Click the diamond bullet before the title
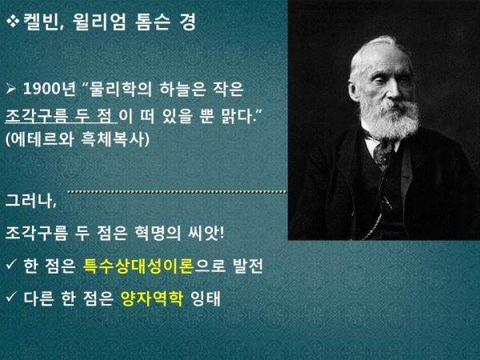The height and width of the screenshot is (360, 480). click(x=13, y=22)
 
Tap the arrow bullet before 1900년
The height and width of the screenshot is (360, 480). click(x=10, y=89)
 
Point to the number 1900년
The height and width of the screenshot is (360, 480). click(x=50, y=89)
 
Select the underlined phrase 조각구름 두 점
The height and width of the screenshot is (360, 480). click(x=61, y=116)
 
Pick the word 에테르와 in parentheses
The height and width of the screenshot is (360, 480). click(x=42, y=139)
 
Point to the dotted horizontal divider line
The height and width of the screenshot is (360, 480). click(x=178, y=192)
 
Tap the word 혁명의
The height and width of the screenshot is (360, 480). click(x=158, y=234)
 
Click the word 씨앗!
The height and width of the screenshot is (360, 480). click(x=206, y=234)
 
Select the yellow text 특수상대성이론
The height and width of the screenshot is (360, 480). click(x=138, y=266)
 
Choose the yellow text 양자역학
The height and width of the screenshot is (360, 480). click(x=152, y=298)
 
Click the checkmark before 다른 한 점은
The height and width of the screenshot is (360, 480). click(x=11, y=296)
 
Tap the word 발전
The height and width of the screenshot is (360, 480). click(x=248, y=266)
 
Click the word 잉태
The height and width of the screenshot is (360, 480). click(x=205, y=298)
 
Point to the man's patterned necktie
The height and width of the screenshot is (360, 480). click(x=383, y=153)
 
